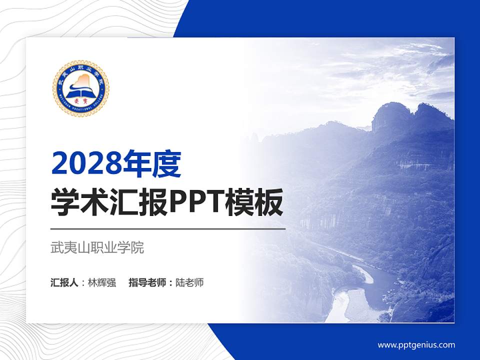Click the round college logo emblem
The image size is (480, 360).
click(x=80, y=88)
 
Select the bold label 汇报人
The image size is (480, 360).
click(x=64, y=282)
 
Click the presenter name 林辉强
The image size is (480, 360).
click(x=102, y=282)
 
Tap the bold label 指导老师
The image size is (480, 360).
click(x=147, y=282)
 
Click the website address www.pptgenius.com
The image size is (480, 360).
click(x=416, y=344)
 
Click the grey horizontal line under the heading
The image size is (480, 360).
click(x=168, y=229)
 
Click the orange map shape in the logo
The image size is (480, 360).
click(x=82, y=80)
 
